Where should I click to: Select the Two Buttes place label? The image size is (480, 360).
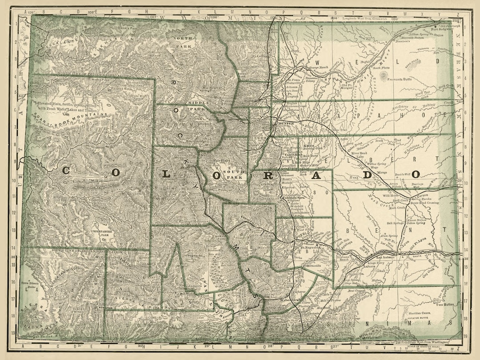[445, 305]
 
